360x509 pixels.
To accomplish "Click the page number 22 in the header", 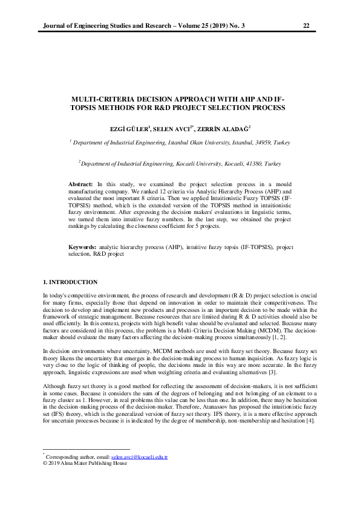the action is (x=306, y=25).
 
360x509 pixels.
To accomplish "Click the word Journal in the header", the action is (x=51, y=25).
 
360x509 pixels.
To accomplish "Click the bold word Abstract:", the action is (x=80, y=183).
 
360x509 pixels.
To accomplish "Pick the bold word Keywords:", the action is (x=82, y=247).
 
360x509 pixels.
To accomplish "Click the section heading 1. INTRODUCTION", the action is (x=70, y=282).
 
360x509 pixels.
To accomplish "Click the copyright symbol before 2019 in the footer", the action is (x=44, y=464).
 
